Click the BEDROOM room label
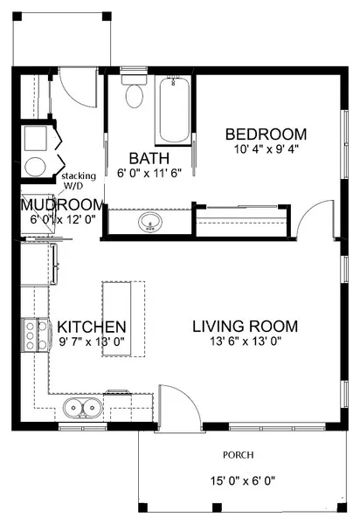[x=266, y=134]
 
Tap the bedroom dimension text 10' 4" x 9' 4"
[x=266, y=149]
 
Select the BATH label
[x=143, y=158]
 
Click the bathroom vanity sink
[x=149, y=222]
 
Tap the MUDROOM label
[x=62, y=205]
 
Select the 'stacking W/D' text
[x=79, y=181]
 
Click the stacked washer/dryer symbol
[x=38, y=152]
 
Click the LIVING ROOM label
[x=245, y=327]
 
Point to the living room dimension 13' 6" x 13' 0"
[x=245, y=342]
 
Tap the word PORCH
[x=238, y=455]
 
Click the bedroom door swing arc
[x=308, y=223]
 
